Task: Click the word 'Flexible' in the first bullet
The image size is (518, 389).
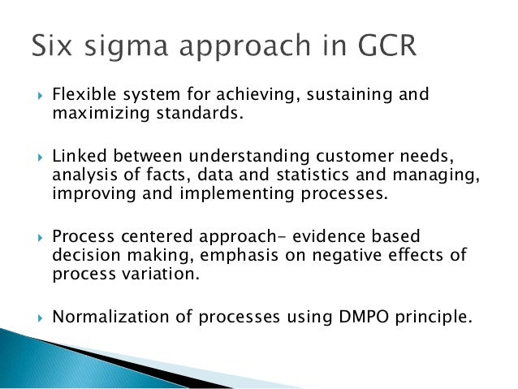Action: point(81,95)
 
